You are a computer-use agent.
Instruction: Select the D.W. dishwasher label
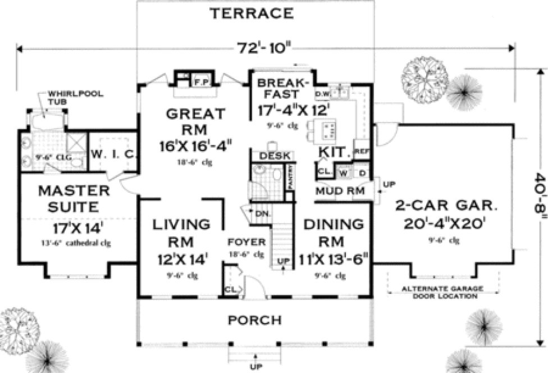[x=322, y=92]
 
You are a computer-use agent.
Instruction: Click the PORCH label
[x=254, y=320]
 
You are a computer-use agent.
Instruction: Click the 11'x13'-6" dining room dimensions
[x=333, y=260]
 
